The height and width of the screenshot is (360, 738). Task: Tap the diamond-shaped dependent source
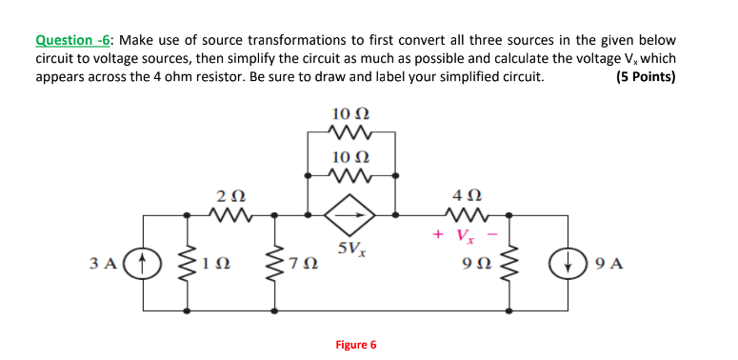coord(351,215)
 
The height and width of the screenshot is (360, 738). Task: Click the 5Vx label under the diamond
coord(351,252)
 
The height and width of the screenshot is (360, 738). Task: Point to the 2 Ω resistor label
coord(229,196)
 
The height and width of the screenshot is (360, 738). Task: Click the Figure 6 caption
coord(356,344)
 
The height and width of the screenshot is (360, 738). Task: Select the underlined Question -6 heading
coord(72,41)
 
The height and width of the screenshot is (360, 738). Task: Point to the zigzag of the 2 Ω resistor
coord(229,215)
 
